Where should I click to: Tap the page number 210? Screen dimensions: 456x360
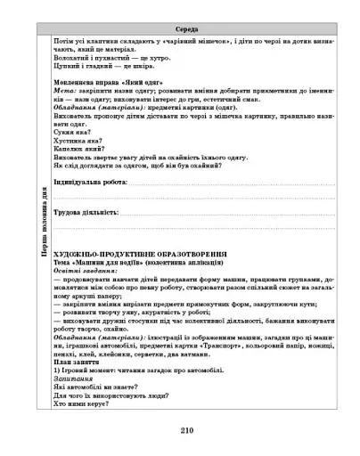(186, 429)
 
